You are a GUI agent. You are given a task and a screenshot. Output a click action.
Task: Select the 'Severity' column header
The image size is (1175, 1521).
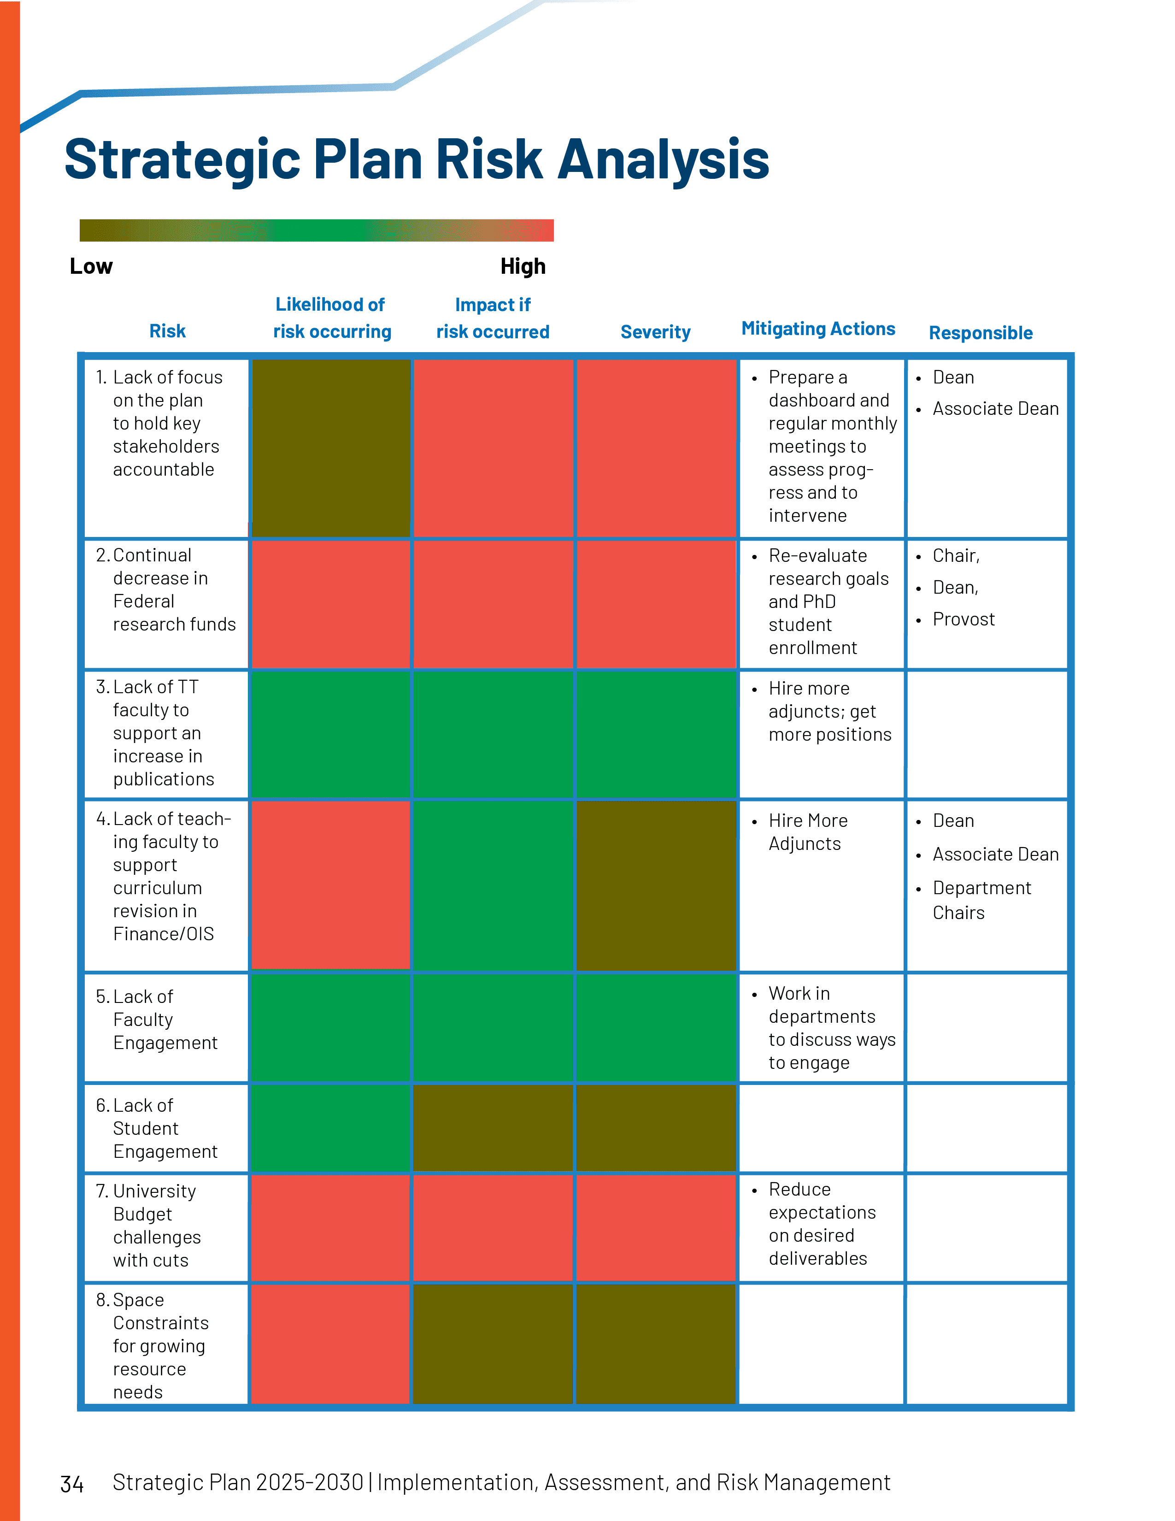(655, 332)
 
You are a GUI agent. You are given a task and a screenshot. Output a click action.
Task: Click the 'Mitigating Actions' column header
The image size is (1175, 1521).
(818, 329)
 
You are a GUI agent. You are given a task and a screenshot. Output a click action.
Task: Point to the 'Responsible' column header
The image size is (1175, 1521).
(980, 333)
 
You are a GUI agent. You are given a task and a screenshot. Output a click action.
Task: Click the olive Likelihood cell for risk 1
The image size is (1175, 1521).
(331, 448)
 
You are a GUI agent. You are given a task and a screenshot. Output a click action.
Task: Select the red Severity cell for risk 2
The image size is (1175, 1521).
(656, 604)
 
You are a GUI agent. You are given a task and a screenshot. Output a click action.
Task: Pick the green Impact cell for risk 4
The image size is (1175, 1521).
(493, 884)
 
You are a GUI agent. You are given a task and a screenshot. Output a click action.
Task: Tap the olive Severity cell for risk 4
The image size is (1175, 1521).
(656, 884)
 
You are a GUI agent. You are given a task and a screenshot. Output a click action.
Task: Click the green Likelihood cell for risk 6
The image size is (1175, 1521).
(331, 1127)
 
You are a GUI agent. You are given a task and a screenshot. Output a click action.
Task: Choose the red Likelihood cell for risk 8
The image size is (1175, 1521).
(331, 1344)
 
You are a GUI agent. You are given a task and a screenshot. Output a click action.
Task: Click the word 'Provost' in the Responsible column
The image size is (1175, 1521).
(963, 619)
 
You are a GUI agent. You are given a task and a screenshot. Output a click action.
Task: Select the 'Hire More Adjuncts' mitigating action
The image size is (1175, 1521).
(807, 832)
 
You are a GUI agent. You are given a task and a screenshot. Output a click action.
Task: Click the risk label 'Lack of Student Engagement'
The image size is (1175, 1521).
(164, 1128)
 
